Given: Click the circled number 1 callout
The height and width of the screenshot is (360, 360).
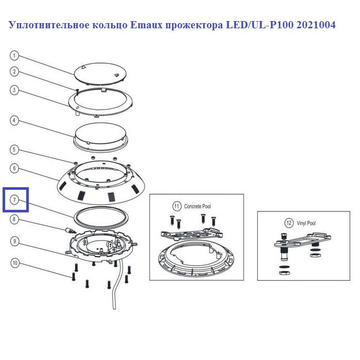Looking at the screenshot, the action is click(x=14, y=56).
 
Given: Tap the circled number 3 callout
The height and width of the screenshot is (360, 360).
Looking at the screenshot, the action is click(x=14, y=90).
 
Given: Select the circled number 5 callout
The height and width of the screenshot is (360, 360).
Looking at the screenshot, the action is click(x=14, y=150).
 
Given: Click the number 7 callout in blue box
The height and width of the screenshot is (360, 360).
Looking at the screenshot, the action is click(x=14, y=200).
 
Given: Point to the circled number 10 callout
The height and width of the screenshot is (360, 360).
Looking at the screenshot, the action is click(x=15, y=263).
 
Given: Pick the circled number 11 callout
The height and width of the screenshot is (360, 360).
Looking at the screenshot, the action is click(x=176, y=206).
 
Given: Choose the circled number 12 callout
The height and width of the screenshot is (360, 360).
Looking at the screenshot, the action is click(x=289, y=223).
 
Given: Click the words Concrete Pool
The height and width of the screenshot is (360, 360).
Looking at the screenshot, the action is click(x=197, y=206).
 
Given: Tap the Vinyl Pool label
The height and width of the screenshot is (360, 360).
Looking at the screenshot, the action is click(x=306, y=223).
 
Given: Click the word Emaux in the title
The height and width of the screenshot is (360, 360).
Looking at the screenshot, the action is click(x=147, y=25).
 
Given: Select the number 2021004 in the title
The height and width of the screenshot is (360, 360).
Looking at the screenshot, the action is click(x=316, y=25).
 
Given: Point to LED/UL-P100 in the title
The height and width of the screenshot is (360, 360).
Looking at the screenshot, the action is click(x=259, y=25).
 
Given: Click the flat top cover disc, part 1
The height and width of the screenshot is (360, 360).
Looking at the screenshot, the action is click(x=100, y=74).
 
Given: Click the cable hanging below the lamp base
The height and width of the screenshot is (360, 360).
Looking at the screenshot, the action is click(x=118, y=285).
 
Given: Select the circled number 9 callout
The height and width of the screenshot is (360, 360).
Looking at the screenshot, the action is click(x=15, y=241).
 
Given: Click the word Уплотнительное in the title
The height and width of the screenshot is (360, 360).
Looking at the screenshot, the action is click(x=49, y=25).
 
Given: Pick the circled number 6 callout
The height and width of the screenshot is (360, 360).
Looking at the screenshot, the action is click(x=14, y=168).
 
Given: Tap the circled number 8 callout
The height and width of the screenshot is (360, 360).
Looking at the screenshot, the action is click(x=14, y=219).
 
